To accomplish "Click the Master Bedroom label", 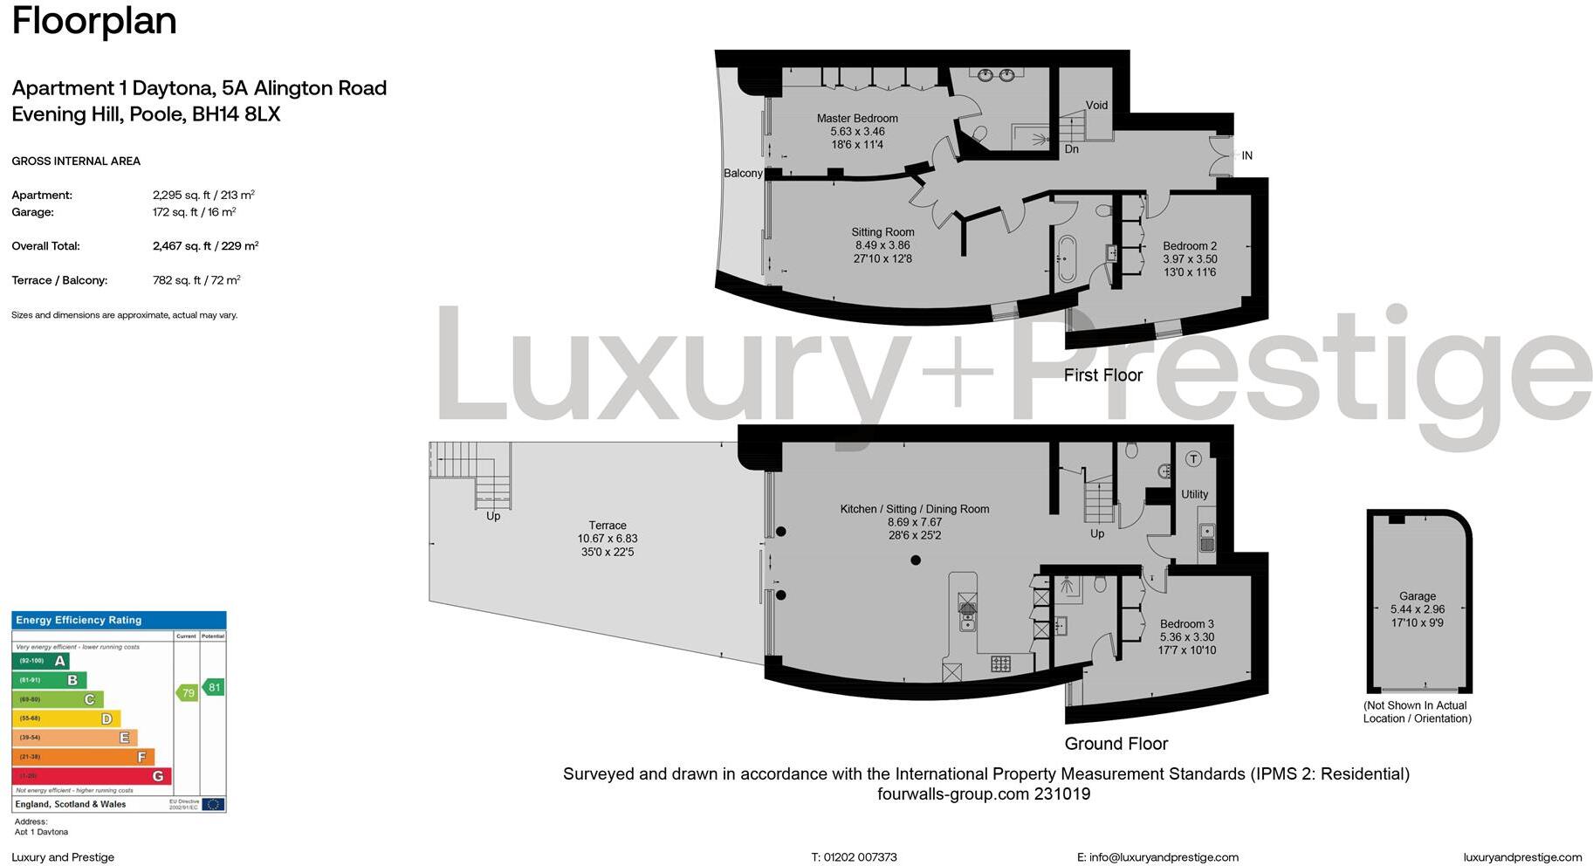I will tap(856, 118).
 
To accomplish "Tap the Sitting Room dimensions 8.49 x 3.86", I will tap(882, 245).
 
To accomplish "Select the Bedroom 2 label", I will tap(1189, 246).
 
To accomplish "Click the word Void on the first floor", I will tap(1096, 105).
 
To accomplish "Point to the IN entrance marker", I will tap(1246, 155).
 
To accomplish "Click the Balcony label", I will tap(743, 173).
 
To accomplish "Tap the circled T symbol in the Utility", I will tap(1193, 458).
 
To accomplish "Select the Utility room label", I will tap(1194, 494).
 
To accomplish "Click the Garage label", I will tap(1417, 596).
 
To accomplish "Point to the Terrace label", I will tap(607, 526).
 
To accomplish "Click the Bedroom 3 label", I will tap(1186, 624).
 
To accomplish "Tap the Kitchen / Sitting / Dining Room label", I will tap(914, 509).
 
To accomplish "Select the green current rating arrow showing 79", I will tap(187, 693).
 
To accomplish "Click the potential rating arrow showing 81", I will tap(213, 687).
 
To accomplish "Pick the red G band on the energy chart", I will tap(92, 776).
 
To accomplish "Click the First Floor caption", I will tap(1102, 375).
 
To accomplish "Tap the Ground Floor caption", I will tap(1116, 744).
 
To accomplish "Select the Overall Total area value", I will tap(205, 246).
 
